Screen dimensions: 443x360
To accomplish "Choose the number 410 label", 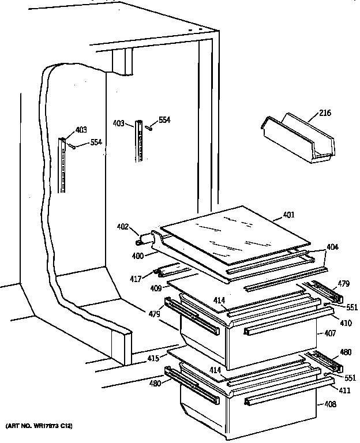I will pos(346,323).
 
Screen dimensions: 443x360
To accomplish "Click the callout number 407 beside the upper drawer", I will pos(329,333).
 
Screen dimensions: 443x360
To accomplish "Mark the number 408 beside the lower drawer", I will pos(329,404).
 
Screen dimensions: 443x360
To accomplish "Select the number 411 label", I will pos(345,391).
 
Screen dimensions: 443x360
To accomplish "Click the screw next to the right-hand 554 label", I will pos(148,128).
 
